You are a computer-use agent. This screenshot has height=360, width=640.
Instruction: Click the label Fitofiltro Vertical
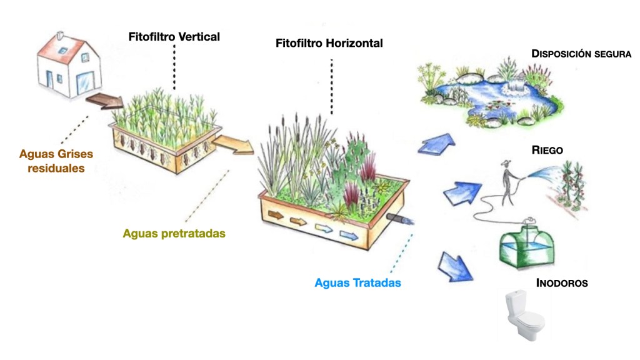tap(174, 36)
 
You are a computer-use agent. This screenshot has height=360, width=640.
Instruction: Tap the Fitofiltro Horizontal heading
tap(329, 44)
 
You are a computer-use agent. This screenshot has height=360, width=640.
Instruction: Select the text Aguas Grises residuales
tap(56, 160)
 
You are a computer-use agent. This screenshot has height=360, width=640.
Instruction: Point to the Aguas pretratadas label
tap(174, 233)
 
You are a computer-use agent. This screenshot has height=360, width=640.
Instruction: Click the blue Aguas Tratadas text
tap(357, 282)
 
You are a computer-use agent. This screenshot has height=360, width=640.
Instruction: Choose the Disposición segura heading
tap(581, 53)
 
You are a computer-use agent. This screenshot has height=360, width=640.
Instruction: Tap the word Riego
tap(547, 151)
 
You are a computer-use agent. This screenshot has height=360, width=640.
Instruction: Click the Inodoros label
tap(562, 282)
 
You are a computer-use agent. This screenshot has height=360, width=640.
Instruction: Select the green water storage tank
tap(526, 244)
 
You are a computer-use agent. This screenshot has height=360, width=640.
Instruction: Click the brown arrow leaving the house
tap(104, 100)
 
